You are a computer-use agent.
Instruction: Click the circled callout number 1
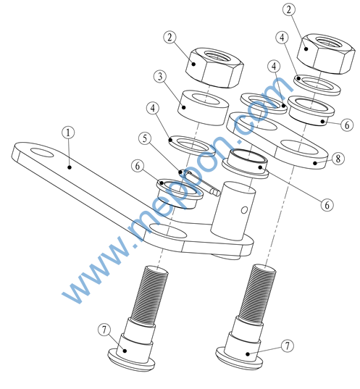click(x=68, y=133)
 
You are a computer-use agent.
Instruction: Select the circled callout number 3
click(x=160, y=76)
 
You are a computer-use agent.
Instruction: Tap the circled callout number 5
click(x=145, y=138)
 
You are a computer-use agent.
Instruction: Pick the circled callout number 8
click(x=338, y=158)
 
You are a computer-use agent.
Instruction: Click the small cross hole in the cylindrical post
click(x=244, y=210)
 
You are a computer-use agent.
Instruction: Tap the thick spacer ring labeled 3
click(x=203, y=107)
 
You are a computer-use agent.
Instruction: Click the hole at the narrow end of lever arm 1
click(x=42, y=153)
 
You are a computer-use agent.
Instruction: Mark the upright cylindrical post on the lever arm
click(x=233, y=211)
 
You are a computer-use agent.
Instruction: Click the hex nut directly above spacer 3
click(x=214, y=67)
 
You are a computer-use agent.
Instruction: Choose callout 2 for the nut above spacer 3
click(x=169, y=37)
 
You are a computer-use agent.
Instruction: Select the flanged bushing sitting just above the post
click(x=246, y=163)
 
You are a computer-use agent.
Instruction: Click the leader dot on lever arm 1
click(x=70, y=167)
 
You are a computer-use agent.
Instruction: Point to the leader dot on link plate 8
click(x=315, y=163)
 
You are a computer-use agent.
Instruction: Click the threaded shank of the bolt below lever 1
click(x=150, y=294)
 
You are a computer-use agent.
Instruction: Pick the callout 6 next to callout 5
click(x=138, y=166)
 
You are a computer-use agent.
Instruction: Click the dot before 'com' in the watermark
click(x=239, y=141)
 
